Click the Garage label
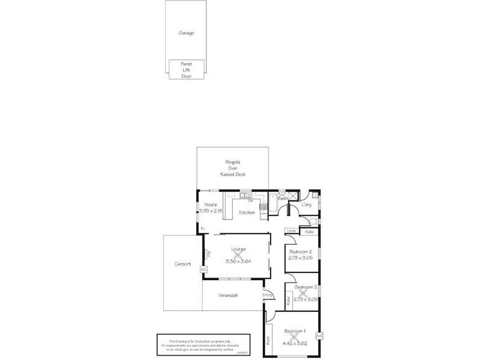click(186, 34)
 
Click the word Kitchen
click(247, 212)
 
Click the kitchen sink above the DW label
click(245, 194)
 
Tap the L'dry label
click(307, 205)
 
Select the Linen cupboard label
click(291, 231)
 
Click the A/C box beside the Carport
click(203, 269)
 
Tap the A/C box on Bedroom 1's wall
click(319, 335)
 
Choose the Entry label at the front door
click(268, 295)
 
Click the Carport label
click(182, 264)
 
